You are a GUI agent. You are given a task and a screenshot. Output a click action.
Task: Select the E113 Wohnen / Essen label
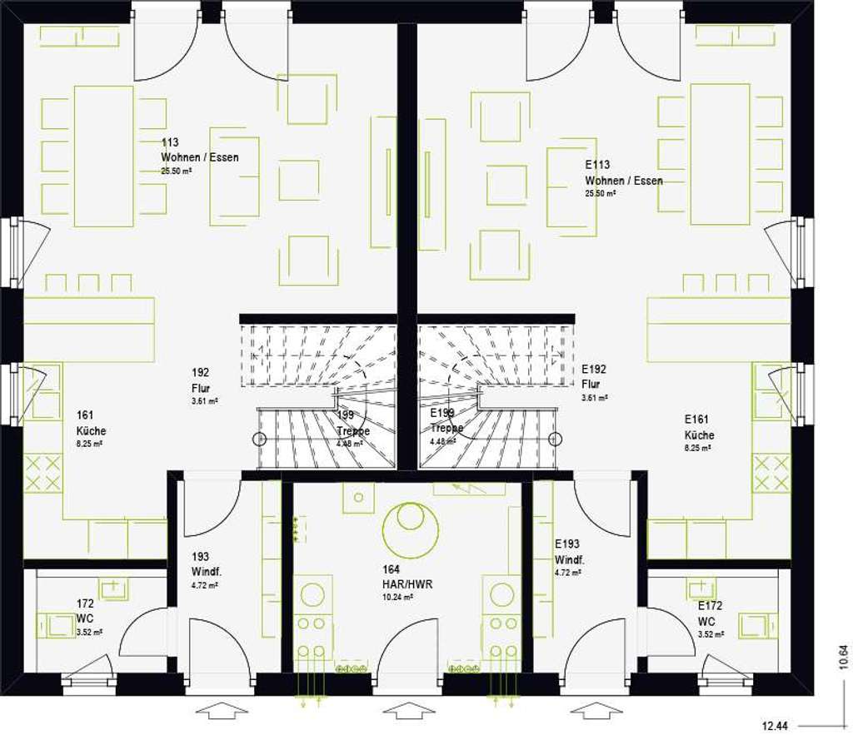[623, 173]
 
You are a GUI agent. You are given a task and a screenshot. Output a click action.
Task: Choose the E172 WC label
[709, 613]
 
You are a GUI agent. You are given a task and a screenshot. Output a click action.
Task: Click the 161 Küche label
[91, 424]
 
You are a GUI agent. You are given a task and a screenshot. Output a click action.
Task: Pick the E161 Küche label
[699, 427]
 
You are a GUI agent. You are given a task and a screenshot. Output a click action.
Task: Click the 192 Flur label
[201, 380]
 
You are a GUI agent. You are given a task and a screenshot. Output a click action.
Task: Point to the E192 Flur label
[592, 376]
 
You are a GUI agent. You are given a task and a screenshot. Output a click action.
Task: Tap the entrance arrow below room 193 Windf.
[221, 710]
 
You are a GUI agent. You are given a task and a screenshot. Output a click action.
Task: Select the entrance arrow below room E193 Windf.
[594, 710]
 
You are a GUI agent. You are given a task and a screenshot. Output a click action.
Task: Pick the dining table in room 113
[104, 156]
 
